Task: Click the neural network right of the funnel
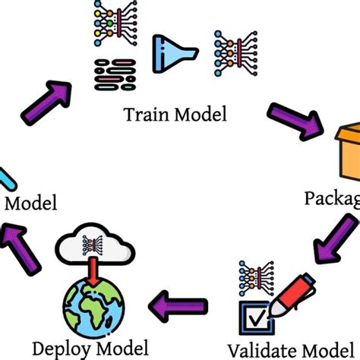coord(229,53)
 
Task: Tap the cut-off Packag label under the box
coord(331,199)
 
